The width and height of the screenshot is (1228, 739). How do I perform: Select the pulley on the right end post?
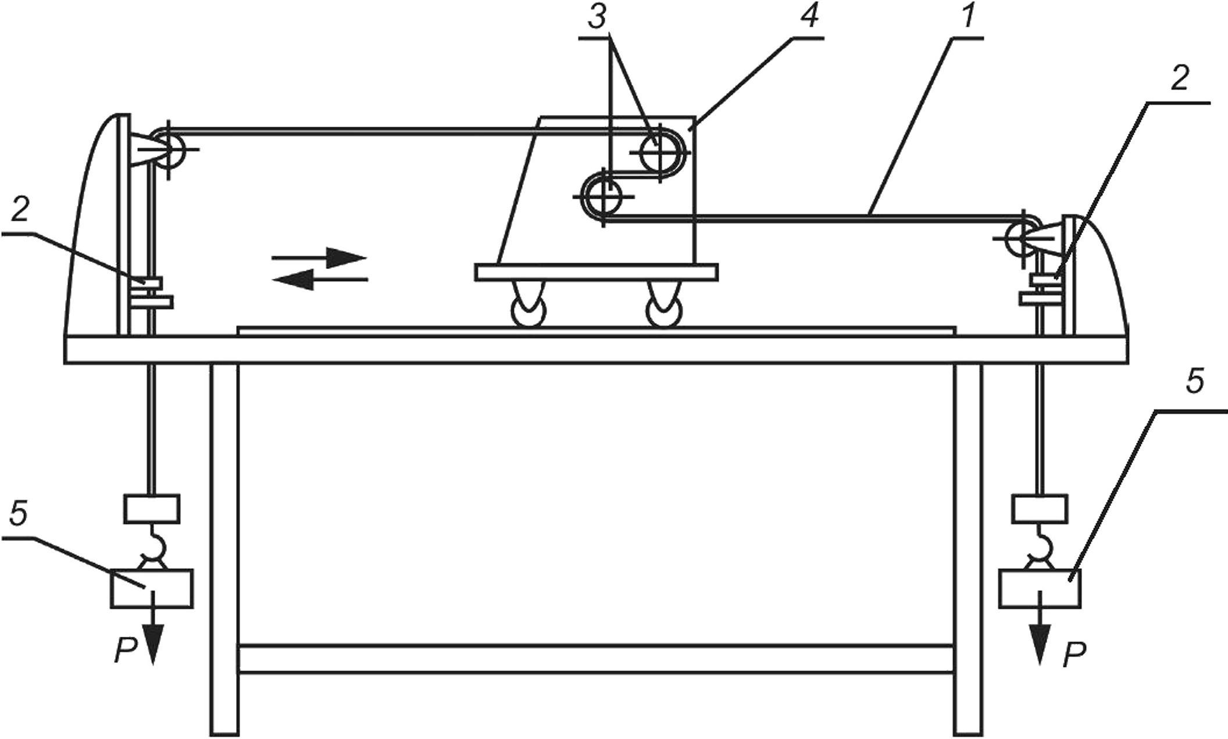1020,238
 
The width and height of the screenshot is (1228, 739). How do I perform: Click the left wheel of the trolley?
528,306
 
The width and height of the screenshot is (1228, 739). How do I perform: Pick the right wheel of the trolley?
666,306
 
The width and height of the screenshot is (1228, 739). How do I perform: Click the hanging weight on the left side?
152,588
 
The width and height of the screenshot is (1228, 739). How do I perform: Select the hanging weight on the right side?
1040,588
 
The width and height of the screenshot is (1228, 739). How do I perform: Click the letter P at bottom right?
1074,655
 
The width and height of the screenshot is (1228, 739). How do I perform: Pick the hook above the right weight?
1041,545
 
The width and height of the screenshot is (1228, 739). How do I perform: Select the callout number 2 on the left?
19,211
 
